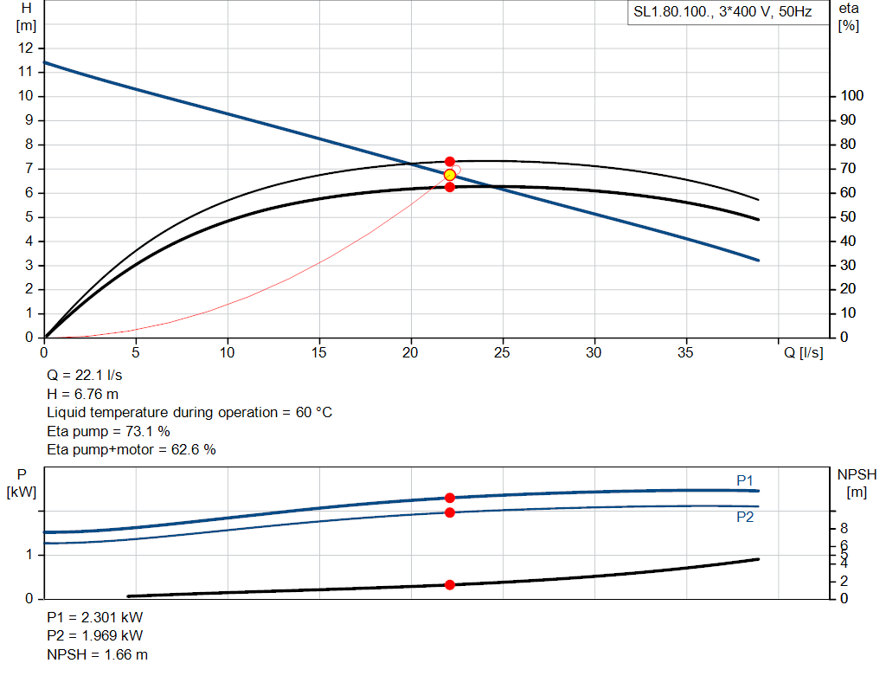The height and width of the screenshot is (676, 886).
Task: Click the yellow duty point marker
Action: pyautogui.click(x=450, y=175)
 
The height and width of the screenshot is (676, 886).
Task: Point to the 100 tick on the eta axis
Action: pyautogui.click(x=852, y=96)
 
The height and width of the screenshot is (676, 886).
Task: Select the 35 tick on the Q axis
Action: pyautogui.click(x=686, y=352)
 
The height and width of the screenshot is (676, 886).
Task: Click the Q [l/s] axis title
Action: pyautogui.click(x=804, y=352)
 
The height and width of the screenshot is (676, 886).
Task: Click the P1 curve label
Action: pyautogui.click(x=745, y=480)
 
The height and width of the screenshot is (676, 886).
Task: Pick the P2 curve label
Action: pyautogui.click(x=745, y=517)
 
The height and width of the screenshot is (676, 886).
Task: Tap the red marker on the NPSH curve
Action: pyautogui.click(x=450, y=585)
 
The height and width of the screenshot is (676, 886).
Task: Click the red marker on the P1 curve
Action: pyautogui.click(x=450, y=498)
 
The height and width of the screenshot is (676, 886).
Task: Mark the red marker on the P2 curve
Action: pyautogui.click(x=450, y=512)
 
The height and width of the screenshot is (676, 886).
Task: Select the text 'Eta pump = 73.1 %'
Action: pyautogui.click(x=108, y=431)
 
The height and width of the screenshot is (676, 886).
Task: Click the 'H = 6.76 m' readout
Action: pyautogui.click(x=82, y=394)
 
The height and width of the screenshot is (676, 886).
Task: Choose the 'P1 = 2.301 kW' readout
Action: pyautogui.click(x=95, y=618)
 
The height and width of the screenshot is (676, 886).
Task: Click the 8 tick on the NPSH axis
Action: pyautogui.click(x=844, y=528)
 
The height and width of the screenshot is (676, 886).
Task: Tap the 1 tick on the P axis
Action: pyautogui.click(x=31, y=555)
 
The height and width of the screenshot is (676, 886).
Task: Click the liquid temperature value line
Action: pyautogui.click(x=189, y=412)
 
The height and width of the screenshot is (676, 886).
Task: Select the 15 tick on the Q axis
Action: pyautogui.click(x=319, y=352)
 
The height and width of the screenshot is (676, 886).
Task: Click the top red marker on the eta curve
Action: pyautogui.click(x=450, y=162)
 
